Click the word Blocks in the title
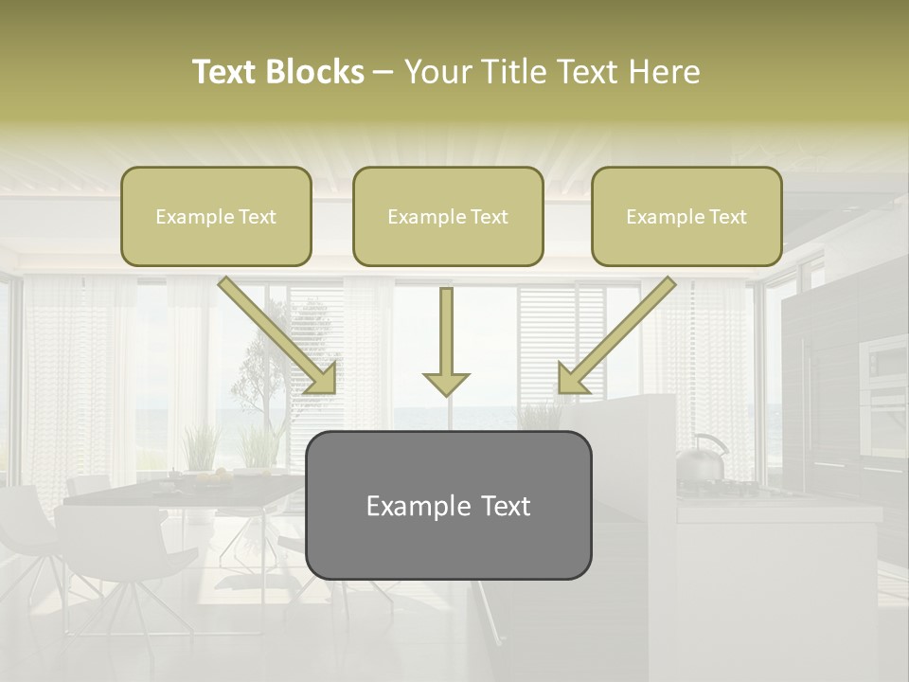pos(314,72)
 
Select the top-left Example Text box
pos(216,217)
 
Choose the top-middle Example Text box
pos(448,217)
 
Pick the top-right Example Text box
pos(686,217)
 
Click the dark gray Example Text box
pos(448,506)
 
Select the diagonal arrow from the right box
pos(616,334)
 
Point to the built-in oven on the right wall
pos(882,379)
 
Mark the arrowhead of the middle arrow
pos(446,383)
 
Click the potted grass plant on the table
pos(200,450)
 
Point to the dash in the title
pos(383,72)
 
